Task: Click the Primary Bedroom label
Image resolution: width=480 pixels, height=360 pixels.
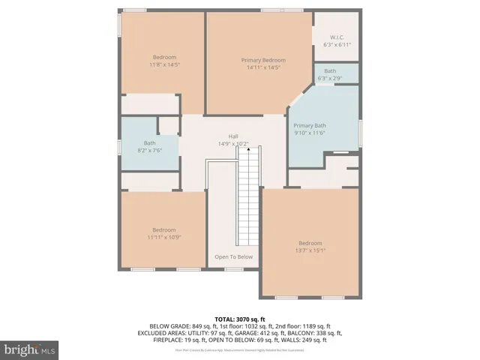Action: coord(263,60)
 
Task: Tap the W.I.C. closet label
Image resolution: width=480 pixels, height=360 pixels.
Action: coord(337,37)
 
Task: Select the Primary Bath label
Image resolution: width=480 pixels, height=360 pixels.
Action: coord(309,125)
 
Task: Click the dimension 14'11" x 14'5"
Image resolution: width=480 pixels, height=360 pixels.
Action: coord(263,67)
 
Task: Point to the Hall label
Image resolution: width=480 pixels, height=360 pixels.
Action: coord(233,136)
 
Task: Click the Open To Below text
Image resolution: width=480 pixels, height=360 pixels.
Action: coord(234,256)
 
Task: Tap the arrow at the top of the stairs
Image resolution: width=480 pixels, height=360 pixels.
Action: coord(248,149)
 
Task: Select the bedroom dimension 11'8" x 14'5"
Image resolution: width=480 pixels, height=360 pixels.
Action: coord(164,64)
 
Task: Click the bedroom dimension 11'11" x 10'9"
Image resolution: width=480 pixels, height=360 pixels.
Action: coord(164,237)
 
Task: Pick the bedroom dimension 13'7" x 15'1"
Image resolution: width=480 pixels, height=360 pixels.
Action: coord(310,250)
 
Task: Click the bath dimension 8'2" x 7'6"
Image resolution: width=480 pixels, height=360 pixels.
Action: coord(150,150)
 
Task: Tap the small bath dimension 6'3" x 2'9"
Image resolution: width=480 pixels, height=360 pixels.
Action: coord(330,78)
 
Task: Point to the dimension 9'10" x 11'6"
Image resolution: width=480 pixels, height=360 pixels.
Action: coord(309,133)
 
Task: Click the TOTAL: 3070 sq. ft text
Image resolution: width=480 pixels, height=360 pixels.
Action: coord(239,319)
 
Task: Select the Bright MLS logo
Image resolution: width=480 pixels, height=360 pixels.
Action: coord(30,349)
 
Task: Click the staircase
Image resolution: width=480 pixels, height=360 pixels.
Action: coord(248,199)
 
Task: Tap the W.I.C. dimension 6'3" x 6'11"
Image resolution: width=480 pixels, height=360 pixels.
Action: coord(337,44)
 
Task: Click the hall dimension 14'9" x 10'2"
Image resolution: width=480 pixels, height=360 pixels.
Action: coord(233,143)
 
